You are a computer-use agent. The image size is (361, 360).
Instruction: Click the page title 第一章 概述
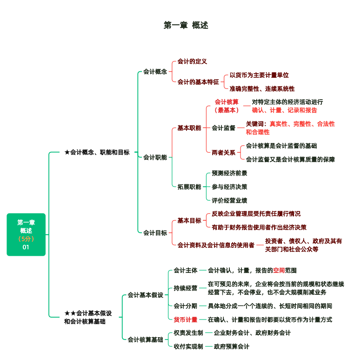point(186,25)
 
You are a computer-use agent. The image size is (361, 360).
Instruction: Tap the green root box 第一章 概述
point(26,234)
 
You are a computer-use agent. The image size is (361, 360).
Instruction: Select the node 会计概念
point(155,72)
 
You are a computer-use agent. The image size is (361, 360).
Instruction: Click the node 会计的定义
point(192,61)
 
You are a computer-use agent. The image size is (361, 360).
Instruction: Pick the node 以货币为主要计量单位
point(259,75)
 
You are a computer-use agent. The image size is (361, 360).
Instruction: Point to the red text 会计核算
point(227,102)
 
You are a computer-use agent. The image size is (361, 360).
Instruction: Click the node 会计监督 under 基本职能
point(223,128)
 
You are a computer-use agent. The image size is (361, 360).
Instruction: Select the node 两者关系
point(223,152)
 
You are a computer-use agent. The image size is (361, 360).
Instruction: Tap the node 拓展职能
point(189,187)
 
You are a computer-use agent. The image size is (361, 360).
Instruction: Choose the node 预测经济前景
point(229,173)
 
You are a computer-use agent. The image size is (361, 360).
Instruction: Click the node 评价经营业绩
point(229,200)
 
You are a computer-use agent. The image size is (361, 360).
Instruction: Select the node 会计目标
point(155,232)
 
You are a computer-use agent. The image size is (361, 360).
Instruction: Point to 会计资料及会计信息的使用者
point(216,245)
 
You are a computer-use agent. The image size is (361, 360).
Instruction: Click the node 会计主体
point(186,270)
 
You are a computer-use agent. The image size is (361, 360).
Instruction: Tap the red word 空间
point(279,270)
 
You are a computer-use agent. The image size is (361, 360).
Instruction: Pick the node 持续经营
point(186,288)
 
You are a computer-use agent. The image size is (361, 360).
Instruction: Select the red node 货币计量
point(186,319)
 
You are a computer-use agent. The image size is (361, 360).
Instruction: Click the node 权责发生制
point(188,333)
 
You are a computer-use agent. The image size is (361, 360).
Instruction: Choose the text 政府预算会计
point(232,346)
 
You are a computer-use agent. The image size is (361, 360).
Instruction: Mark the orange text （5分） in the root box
point(26,238)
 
